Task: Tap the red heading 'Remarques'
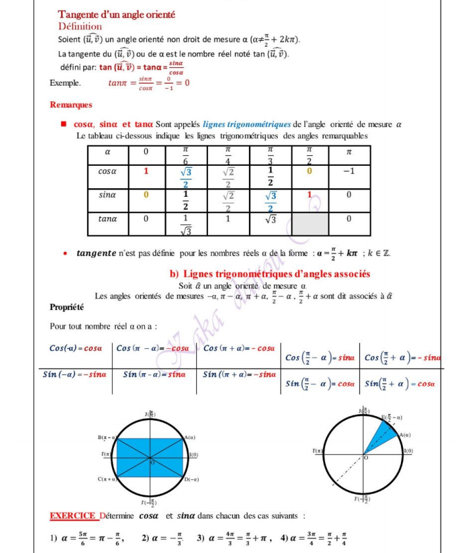coord(71,105)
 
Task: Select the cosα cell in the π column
coord(349,171)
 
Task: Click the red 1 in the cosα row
coord(146,171)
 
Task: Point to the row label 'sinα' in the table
coord(107,195)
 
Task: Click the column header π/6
coord(186,155)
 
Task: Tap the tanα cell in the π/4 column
coord(228,219)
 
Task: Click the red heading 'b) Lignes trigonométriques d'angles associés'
coord(270,274)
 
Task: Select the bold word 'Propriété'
coord(67,307)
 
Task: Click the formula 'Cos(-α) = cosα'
coord(76,348)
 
